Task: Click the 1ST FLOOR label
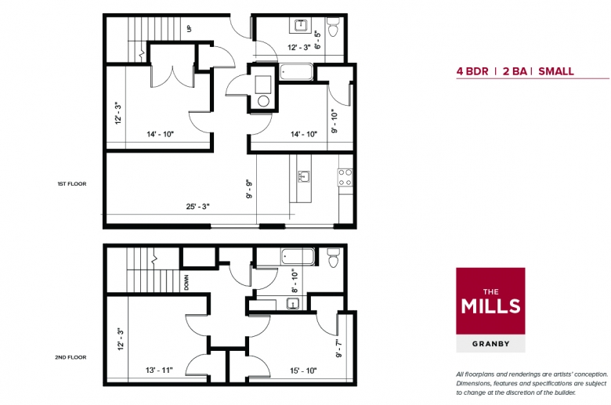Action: click(72, 183)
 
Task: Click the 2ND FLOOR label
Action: click(70, 357)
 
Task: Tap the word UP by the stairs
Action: click(190, 28)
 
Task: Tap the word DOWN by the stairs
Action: click(186, 283)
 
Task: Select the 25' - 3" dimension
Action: click(197, 206)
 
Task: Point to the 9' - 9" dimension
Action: click(249, 189)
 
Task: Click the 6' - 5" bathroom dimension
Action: click(317, 40)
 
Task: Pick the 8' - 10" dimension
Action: click(295, 280)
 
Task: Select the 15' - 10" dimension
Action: click(303, 371)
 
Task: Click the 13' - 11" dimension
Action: click(159, 370)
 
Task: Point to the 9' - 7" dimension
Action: click(339, 348)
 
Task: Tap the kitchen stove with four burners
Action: click(345, 177)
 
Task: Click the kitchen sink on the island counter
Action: click(304, 176)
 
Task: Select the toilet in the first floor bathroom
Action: click(333, 27)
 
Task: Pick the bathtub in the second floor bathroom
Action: click(298, 257)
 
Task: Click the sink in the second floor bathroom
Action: click(293, 303)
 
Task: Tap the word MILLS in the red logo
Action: click(490, 306)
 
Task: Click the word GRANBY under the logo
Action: click(490, 344)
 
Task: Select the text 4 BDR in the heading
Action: click(472, 71)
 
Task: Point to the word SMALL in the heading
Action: click(556, 71)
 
